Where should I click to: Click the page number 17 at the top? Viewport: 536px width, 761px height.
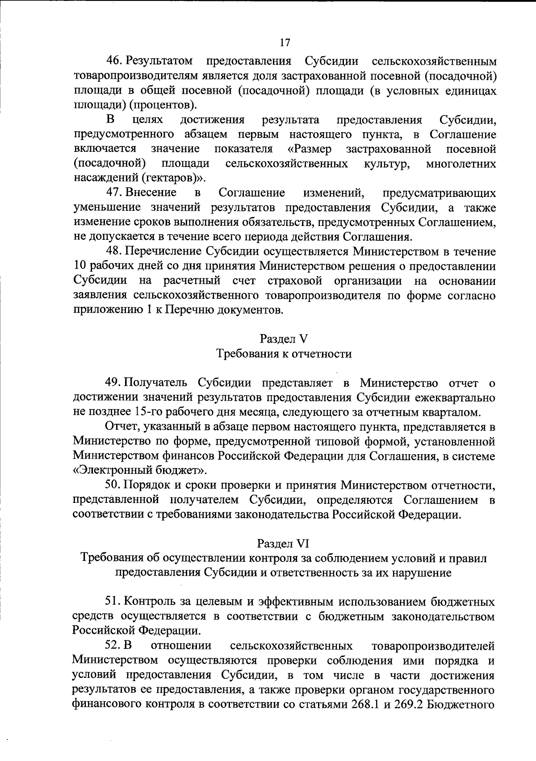click(285, 42)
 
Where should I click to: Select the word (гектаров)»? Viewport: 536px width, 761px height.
click(174, 178)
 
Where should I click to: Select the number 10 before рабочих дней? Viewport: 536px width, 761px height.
click(80, 266)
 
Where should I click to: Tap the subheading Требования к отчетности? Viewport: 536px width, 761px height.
click(284, 354)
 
